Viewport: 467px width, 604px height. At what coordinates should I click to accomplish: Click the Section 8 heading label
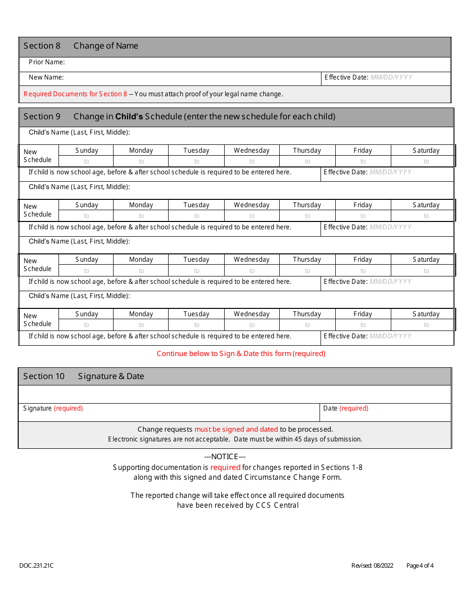pos(42,46)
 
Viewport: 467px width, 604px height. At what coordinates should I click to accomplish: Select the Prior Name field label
pos(47,62)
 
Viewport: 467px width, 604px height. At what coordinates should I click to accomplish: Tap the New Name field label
pos(46,77)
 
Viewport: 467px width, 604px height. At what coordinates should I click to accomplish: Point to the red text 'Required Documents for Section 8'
pos(75,94)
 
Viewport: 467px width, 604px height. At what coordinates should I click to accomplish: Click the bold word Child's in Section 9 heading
pos(129,116)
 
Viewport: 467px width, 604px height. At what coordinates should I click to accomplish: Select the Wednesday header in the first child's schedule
pos(252,150)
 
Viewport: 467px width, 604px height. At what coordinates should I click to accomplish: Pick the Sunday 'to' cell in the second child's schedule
pos(87,216)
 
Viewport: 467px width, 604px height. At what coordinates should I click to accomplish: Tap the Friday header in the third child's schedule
pos(363,259)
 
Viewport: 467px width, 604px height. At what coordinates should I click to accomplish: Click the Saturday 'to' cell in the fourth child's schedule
pos(426,325)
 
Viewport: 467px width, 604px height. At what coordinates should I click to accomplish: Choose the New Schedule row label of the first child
pos(37,156)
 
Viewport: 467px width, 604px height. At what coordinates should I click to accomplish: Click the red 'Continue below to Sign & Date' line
pos(241,354)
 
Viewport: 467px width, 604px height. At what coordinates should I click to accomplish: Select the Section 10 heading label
pos(44,376)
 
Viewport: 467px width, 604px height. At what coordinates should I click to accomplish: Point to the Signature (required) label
pos(53,408)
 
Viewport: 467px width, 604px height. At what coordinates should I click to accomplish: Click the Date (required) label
pos(346,408)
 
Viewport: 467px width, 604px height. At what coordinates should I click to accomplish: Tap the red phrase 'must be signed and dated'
pos(236,429)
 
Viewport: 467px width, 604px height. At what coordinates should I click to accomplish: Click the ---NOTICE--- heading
pos(225,457)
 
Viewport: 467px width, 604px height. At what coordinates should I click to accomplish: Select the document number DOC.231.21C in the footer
pos(36,566)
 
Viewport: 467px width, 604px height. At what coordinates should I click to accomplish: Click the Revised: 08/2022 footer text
pos(372,566)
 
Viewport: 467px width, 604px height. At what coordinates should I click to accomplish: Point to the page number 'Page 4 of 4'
pos(420,566)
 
